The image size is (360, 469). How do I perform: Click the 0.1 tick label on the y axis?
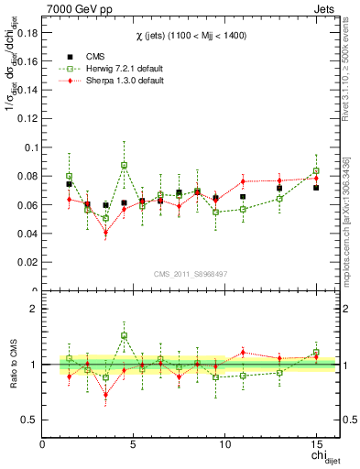pos(28,147)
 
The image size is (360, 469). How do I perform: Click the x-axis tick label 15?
pos(316,445)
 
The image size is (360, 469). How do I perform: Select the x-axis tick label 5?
pos(134,445)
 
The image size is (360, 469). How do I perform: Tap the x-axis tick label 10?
pos(224,445)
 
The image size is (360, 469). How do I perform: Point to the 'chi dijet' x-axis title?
pos(319,457)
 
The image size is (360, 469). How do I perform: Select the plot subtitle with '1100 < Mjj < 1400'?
pos(189,34)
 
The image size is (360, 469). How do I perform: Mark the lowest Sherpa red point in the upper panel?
pos(105,232)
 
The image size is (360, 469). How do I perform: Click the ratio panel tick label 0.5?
pos(28,420)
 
